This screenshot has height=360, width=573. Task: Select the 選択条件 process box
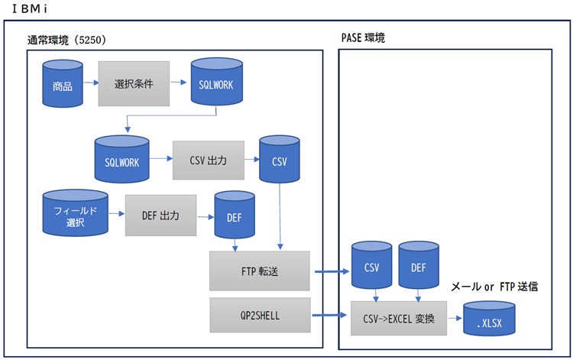(x=134, y=83)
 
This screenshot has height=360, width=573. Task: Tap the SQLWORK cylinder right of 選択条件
(x=215, y=84)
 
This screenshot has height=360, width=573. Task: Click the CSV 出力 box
(x=208, y=160)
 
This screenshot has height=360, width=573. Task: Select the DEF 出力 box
(x=161, y=215)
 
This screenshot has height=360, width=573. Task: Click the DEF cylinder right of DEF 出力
(x=235, y=216)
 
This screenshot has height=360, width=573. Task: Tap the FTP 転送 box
(x=260, y=271)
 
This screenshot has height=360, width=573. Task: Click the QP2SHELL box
(x=260, y=314)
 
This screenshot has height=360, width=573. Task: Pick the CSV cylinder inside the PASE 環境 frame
(x=372, y=267)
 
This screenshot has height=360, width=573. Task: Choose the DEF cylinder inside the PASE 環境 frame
(x=419, y=267)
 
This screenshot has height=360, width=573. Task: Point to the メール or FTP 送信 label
(x=495, y=287)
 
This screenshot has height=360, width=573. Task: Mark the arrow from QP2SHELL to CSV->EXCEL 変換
(x=329, y=314)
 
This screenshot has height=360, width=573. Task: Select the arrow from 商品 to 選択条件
(x=89, y=83)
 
